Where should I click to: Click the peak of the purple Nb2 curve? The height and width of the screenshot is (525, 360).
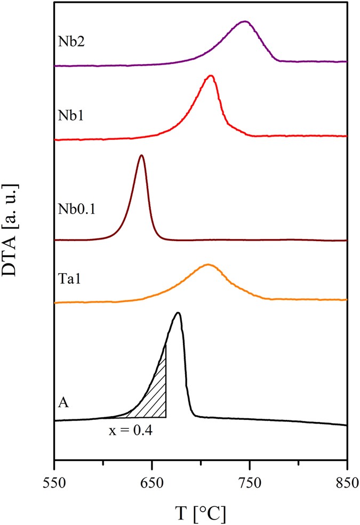pyautogui.click(x=244, y=22)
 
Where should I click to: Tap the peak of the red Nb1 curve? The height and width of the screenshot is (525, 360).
pyautogui.click(x=211, y=76)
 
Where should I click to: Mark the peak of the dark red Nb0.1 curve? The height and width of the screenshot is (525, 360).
pyautogui.click(x=141, y=155)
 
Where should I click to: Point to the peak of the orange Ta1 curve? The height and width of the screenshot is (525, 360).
pyautogui.click(x=208, y=264)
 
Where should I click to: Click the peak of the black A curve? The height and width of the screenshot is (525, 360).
pyautogui.click(x=179, y=313)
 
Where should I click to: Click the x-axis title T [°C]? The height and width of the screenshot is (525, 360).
pyautogui.click(x=201, y=513)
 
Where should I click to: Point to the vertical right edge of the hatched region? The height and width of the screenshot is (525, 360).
pyautogui.click(x=166, y=381)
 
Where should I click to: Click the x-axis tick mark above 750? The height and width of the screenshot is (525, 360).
pyautogui.click(x=250, y=457)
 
